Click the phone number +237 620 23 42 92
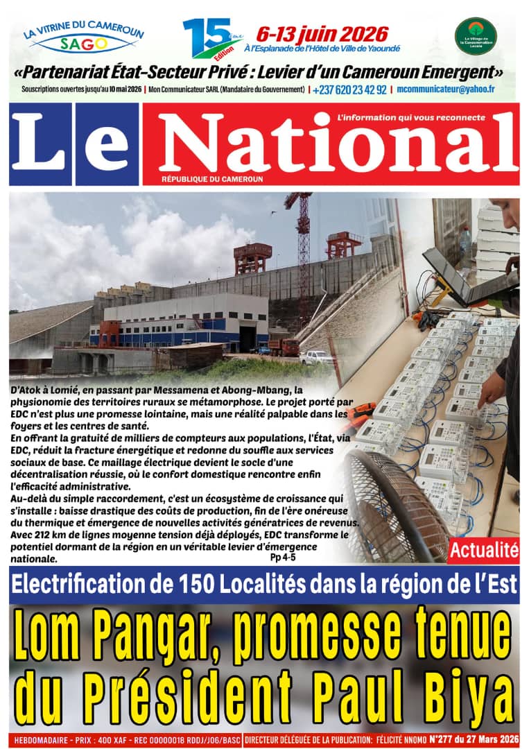coord(350,89)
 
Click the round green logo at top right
coord(475,37)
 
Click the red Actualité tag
coord(484,551)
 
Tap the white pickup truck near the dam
coord(316,358)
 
